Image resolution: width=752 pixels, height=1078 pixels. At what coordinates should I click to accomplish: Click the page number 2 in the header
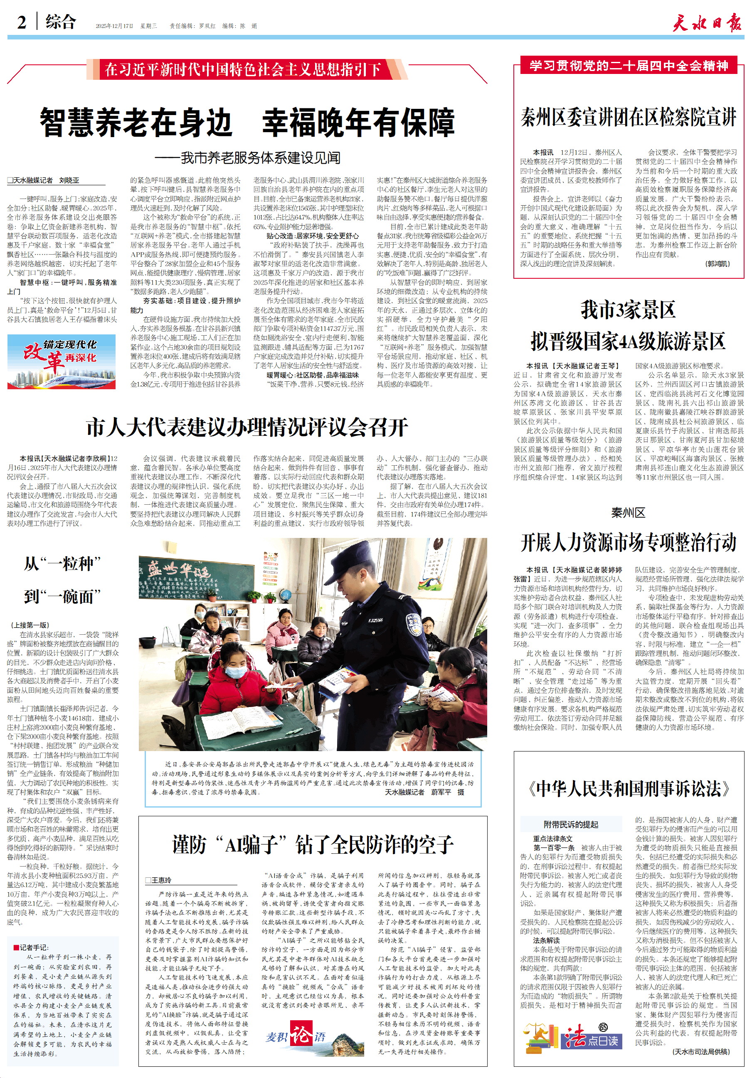22,22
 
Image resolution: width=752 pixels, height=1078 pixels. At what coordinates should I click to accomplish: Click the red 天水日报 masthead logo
707,22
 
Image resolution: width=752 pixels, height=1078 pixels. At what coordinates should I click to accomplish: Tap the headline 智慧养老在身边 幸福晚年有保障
247,122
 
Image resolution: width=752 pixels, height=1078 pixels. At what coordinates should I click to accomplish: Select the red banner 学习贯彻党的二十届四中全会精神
629,66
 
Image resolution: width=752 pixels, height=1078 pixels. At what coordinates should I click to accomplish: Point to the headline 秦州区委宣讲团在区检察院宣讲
629,118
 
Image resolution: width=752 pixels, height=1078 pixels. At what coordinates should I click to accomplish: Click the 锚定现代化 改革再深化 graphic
62,361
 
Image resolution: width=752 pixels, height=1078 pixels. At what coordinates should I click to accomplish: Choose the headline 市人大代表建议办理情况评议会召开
247,427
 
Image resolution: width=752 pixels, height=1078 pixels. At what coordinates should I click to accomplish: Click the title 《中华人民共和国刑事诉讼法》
629,789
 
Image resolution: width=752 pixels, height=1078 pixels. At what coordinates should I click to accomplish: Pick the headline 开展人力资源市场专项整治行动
629,543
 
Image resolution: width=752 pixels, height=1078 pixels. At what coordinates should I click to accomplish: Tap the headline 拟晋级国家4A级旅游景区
629,341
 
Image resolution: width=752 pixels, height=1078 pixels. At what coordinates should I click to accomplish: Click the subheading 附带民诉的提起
571,825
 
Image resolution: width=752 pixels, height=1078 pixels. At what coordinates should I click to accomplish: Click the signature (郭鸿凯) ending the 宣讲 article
718,264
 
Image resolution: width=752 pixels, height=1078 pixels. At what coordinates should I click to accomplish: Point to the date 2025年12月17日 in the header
115,26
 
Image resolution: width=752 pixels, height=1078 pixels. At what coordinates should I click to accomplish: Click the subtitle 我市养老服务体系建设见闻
247,158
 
